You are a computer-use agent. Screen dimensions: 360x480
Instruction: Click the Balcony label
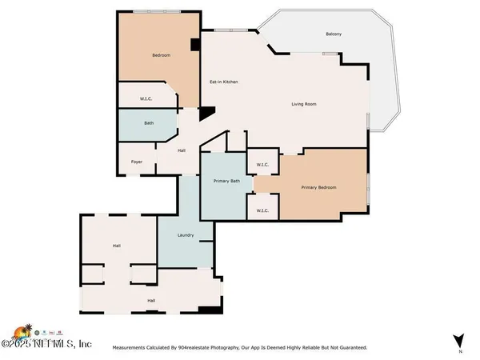coord(334,34)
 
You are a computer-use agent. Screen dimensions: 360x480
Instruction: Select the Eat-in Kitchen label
coord(224,82)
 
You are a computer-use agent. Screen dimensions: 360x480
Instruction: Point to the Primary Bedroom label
coord(318,187)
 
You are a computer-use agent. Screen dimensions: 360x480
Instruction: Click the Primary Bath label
coord(226,182)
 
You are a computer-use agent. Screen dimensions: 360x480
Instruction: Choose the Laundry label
coord(186,235)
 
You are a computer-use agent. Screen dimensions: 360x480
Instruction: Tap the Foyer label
coord(137,162)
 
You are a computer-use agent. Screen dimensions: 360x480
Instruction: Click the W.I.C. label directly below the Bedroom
coord(146,100)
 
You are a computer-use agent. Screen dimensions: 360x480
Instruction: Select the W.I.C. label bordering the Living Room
coord(262,166)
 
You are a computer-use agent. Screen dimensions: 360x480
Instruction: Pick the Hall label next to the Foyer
coord(182,150)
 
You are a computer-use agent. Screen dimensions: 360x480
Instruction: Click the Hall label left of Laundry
coord(116,246)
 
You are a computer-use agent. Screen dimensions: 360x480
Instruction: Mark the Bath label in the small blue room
coord(149,123)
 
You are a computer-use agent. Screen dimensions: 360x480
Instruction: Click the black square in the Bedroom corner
coord(194,46)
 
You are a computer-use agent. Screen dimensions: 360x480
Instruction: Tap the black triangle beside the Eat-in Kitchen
coord(206,114)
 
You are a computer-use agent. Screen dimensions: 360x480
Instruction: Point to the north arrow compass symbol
coord(458,340)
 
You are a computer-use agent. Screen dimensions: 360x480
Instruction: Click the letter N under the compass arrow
coord(460,352)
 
